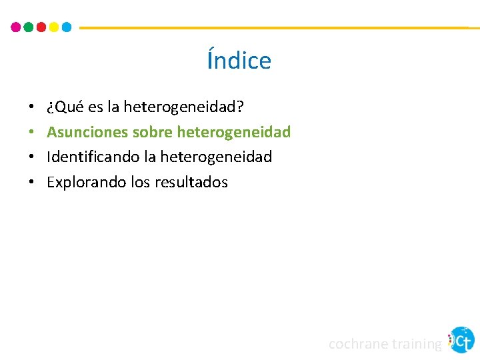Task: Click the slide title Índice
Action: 239,61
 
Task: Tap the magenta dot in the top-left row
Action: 16,27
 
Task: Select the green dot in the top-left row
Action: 29,27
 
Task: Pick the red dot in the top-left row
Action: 41,27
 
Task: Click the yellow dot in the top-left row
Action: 54,27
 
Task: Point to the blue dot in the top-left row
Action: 67,27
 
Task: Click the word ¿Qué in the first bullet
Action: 61,107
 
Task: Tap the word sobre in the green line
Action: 153,132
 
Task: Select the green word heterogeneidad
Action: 234,132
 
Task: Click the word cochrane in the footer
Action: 358,344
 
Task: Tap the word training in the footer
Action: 416,344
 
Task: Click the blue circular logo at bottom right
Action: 461,340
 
